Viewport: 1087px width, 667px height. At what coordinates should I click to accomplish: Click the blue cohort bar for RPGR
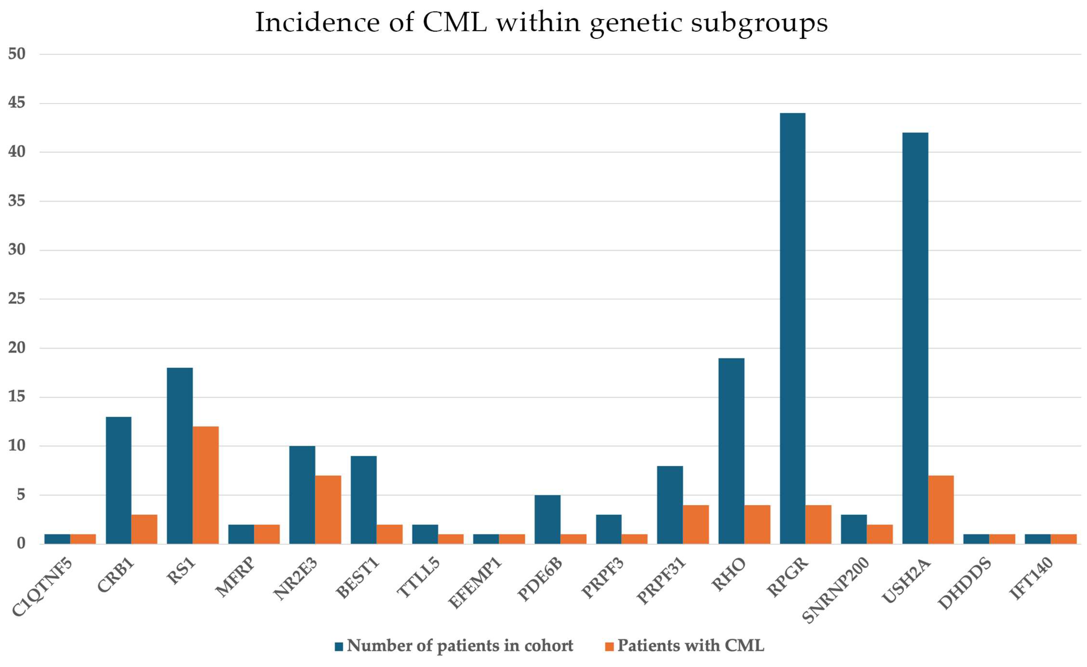coord(792,328)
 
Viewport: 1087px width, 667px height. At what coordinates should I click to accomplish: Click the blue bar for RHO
coord(731,451)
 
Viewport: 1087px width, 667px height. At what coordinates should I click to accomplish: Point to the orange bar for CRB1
coord(144,529)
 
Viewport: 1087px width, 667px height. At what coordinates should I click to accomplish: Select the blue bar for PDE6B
coord(547,519)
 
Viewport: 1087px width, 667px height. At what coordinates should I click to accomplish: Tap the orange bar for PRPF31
coord(696,524)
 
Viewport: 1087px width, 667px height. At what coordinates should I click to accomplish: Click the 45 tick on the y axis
coord(17,103)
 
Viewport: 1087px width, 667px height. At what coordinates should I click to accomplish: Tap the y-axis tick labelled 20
coord(17,348)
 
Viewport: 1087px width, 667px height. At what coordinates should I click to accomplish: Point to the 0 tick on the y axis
coord(21,543)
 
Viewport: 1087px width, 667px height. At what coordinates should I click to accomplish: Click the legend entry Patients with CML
coord(690,645)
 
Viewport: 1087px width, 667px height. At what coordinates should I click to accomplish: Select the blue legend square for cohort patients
coord(339,647)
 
